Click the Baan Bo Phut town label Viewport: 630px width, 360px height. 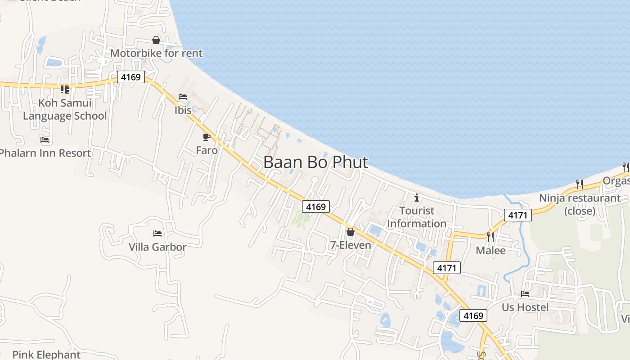tap(315, 162)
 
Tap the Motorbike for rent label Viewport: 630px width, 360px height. tap(156, 53)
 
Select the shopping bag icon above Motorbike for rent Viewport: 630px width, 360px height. tap(156, 40)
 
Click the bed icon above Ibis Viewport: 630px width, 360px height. tap(183, 97)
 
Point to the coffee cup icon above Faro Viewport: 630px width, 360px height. tap(207, 137)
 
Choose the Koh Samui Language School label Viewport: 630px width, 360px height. tap(65, 109)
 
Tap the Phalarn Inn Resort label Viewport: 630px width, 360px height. tap(45, 153)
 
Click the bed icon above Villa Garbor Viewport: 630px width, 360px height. tap(157, 234)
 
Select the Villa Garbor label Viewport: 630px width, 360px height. tap(157, 247)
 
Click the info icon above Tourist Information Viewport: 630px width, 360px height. tap(417, 197)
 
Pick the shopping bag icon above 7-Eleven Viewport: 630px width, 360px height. tap(351, 232)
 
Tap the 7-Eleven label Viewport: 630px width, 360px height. tap(351, 245)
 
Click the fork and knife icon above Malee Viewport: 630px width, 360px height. tap(490, 237)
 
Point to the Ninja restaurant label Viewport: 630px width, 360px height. tap(580, 204)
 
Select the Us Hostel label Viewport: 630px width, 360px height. tap(525, 307)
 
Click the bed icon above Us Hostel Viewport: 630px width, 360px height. tap(525, 294)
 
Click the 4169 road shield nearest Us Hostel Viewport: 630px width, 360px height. tap(473, 315)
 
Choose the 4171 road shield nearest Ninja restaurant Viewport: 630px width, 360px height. tap(518, 215)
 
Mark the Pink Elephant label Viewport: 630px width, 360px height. tap(46, 355)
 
